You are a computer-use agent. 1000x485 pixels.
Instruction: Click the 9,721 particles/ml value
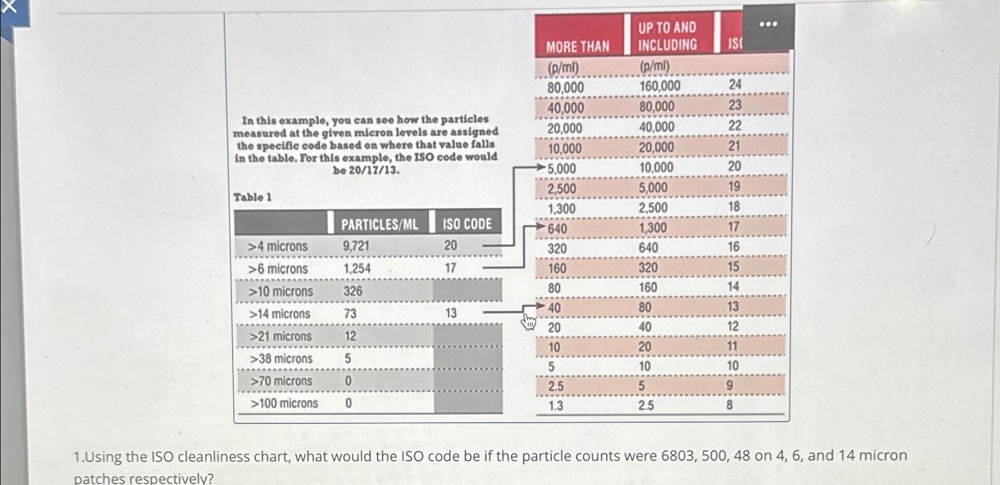click(x=355, y=246)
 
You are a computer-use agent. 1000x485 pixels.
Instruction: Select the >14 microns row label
click(x=279, y=314)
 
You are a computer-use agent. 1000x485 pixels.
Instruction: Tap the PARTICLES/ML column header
click(x=379, y=224)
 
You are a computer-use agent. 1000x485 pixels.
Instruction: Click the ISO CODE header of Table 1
click(x=467, y=224)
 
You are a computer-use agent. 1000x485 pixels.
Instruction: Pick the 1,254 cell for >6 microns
click(x=357, y=269)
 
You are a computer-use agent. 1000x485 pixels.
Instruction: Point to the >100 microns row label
click(x=284, y=404)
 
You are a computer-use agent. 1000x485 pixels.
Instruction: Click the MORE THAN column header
click(x=577, y=46)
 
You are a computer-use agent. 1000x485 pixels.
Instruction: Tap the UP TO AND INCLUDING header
click(x=667, y=36)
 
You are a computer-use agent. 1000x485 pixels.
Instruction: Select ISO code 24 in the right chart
click(x=735, y=85)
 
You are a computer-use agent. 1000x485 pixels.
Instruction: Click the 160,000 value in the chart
click(x=660, y=87)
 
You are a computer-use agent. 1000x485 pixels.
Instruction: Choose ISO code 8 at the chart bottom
click(x=729, y=405)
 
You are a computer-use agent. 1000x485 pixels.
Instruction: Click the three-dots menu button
click(x=768, y=24)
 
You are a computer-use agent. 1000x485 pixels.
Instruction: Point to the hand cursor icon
click(x=528, y=321)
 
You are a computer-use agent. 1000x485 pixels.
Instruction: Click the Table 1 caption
click(x=252, y=197)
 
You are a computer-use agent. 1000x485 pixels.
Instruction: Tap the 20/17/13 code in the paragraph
click(x=366, y=171)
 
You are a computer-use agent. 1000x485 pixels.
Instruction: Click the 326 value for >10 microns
click(x=353, y=291)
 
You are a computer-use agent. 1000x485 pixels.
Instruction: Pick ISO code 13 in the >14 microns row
click(x=451, y=313)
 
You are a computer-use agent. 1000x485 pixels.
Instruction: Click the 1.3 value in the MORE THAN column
click(x=555, y=406)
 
